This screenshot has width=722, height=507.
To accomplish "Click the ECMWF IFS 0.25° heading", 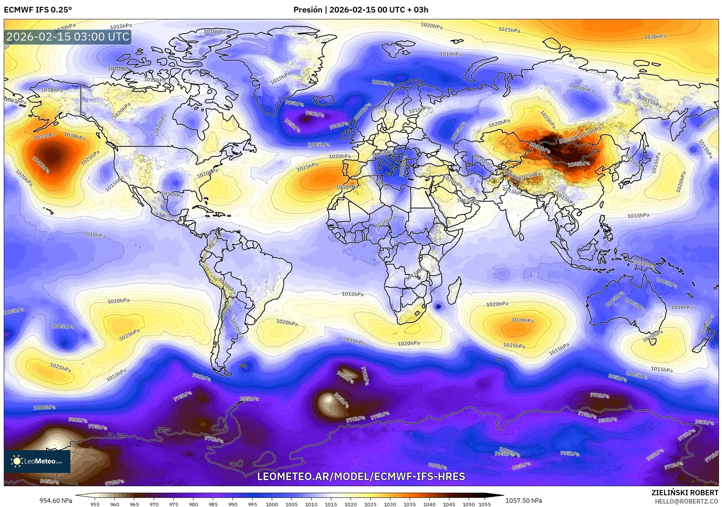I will pyautogui.click(x=38, y=10).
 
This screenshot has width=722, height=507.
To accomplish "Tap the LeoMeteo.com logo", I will pyautogui.click(x=37, y=461).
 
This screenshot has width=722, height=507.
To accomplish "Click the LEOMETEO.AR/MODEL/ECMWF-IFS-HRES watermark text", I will pyautogui.click(x=361, y=476).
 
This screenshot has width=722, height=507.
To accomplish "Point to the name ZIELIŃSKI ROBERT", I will pyautogui.click(x=685, y=493).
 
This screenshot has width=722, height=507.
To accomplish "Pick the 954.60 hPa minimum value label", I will pyautogui.click(x=56, y=501).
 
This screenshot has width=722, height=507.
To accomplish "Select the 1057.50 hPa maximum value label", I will pyautogui.click(x=524, y=501).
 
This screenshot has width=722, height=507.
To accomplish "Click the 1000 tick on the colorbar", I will pyautogui.click(x=272, y=504).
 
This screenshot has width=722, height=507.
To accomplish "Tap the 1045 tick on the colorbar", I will pyautogui.click(x=449, y=504).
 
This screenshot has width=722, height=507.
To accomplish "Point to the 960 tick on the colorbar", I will pyautogui.click(x=114, y=504).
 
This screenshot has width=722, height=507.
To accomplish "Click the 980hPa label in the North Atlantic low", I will pyautogui.click(x=315, y=114).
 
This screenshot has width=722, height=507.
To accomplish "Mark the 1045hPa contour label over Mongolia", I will pyautogui.click(x=579, y=164).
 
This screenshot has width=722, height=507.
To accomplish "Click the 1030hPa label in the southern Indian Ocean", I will pyautogui.click(x=522, y=320).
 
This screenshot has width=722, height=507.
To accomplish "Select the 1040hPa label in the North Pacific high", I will pyautogui.click(x=41, y=166).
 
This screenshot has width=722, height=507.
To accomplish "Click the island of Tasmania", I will pyautogui.click(x=652, y=342).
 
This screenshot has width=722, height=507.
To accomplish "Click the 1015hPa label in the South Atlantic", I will pyautogui.click(x=352, y=294).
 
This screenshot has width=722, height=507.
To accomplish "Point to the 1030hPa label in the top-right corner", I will pyautogui.click(x=655, y=37).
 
